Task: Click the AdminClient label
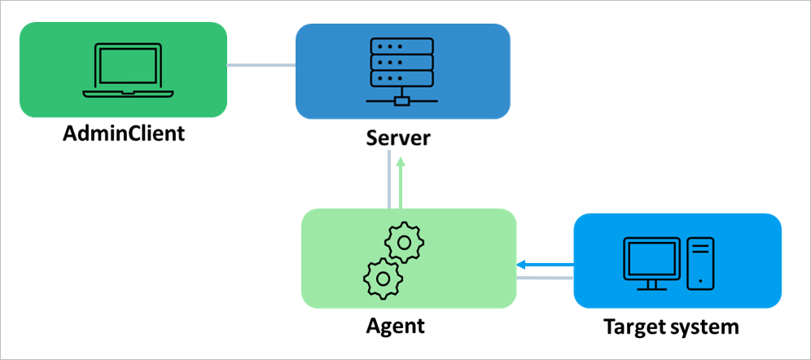pyautogui.click(x=125, y=133)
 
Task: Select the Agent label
pyautogui.click(x=397, y=326)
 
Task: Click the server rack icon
pyautogui.click(x=402, y=70)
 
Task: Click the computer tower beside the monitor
pyautogui.click(x=700, y=263)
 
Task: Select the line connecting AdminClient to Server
pyautogui.click(x=261, y=65)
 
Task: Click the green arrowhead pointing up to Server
pyautogui.click(x=401, y=162)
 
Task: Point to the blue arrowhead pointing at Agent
pyautogui.click(x=521, y=264)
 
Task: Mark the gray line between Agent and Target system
pyautogui.click(x=546, y=279)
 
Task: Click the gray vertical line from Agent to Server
pyautogui.click(x=389, y=183)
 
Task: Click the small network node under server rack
pyautogui.click(x=401, y=101)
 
